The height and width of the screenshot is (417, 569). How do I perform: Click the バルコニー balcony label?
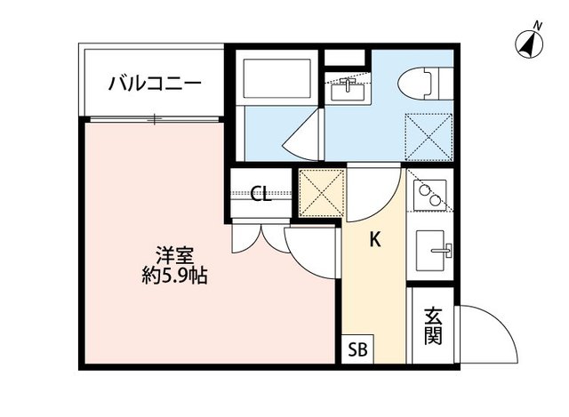pyautogui.click(x=155, y=84)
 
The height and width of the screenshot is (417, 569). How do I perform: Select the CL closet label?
pyautogui.click(x=260, y=195)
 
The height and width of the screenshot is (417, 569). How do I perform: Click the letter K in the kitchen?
pyautogui.click(x=375, y=238)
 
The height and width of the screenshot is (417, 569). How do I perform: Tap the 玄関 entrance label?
pyautogui.click(x=433, y=326)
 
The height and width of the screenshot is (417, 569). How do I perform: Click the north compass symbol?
pyautogui.click(x=530, y=43)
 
